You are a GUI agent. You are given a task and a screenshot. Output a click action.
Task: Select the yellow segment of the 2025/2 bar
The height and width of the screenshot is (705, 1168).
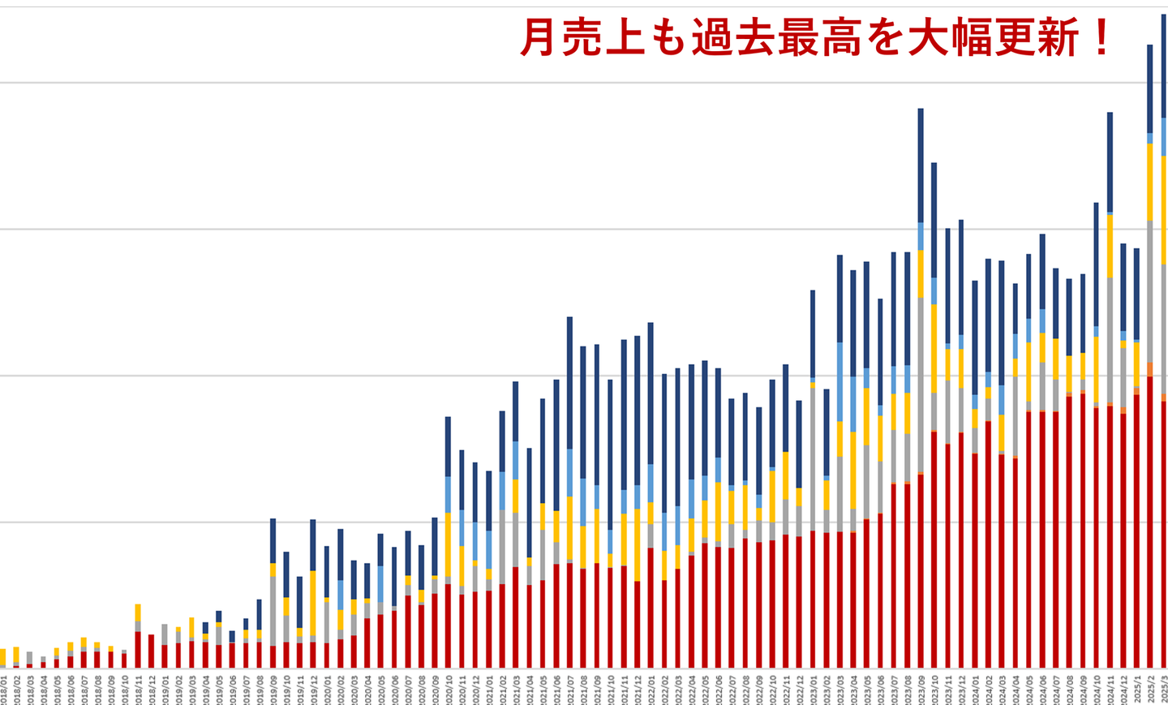coord(1150,182)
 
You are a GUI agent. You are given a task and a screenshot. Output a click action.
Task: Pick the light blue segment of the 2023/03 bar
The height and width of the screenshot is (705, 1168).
coord(839,381)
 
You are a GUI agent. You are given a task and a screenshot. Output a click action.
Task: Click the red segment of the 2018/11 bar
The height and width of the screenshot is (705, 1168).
coord(138,649)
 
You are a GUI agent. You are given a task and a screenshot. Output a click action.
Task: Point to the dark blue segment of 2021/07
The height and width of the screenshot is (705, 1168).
coord(569,382)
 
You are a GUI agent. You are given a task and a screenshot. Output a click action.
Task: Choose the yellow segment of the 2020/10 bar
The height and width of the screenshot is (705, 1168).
coord(448,544)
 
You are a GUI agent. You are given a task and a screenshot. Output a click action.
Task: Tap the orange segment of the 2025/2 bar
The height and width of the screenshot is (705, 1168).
coord(1150,369)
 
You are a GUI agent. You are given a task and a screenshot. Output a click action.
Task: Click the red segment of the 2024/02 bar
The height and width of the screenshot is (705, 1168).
coord(988,544)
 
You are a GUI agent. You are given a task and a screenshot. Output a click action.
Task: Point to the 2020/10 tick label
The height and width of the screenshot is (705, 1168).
coord(449,690)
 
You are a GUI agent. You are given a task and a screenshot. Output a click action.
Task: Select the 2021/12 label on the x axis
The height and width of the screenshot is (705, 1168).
coord(638,690)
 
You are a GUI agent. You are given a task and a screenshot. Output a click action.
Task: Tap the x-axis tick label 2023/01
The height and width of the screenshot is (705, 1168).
coord(813,690)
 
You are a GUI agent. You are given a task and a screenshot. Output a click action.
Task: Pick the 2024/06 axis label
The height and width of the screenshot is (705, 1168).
coord(1042,690)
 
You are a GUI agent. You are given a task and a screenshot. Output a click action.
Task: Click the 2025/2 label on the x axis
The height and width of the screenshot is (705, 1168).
coord(1150,690)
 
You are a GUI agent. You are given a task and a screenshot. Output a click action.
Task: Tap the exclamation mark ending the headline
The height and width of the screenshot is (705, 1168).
coord(1101,37)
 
